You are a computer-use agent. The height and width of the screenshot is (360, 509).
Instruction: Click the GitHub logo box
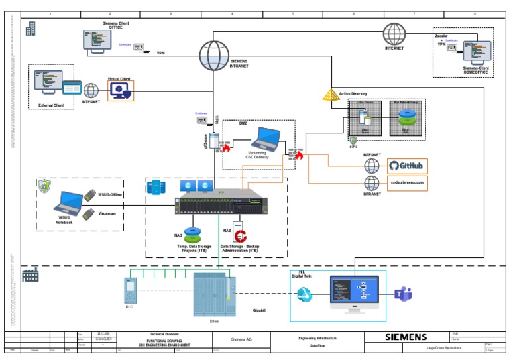coord(405,165)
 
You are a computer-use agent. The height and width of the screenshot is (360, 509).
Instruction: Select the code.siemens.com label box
coord(405,182)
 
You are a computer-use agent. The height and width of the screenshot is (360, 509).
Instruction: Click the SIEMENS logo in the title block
coord(406,337)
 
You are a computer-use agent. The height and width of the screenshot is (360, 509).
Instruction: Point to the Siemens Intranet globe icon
coord(213,51)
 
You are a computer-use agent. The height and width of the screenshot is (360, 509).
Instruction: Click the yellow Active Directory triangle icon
coord(331,95)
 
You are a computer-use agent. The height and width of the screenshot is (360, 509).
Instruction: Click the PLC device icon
coord(130,290)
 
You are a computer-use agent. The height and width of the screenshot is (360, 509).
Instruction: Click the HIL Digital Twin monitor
coord(354,292)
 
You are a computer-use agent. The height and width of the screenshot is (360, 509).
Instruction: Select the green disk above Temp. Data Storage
coord(193,235)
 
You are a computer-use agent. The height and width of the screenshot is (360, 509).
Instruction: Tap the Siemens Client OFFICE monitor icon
coord(97,40)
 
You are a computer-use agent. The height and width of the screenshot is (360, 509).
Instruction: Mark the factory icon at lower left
coord(30,274)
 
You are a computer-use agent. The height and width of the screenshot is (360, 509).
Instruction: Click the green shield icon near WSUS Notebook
coord(44,186)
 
